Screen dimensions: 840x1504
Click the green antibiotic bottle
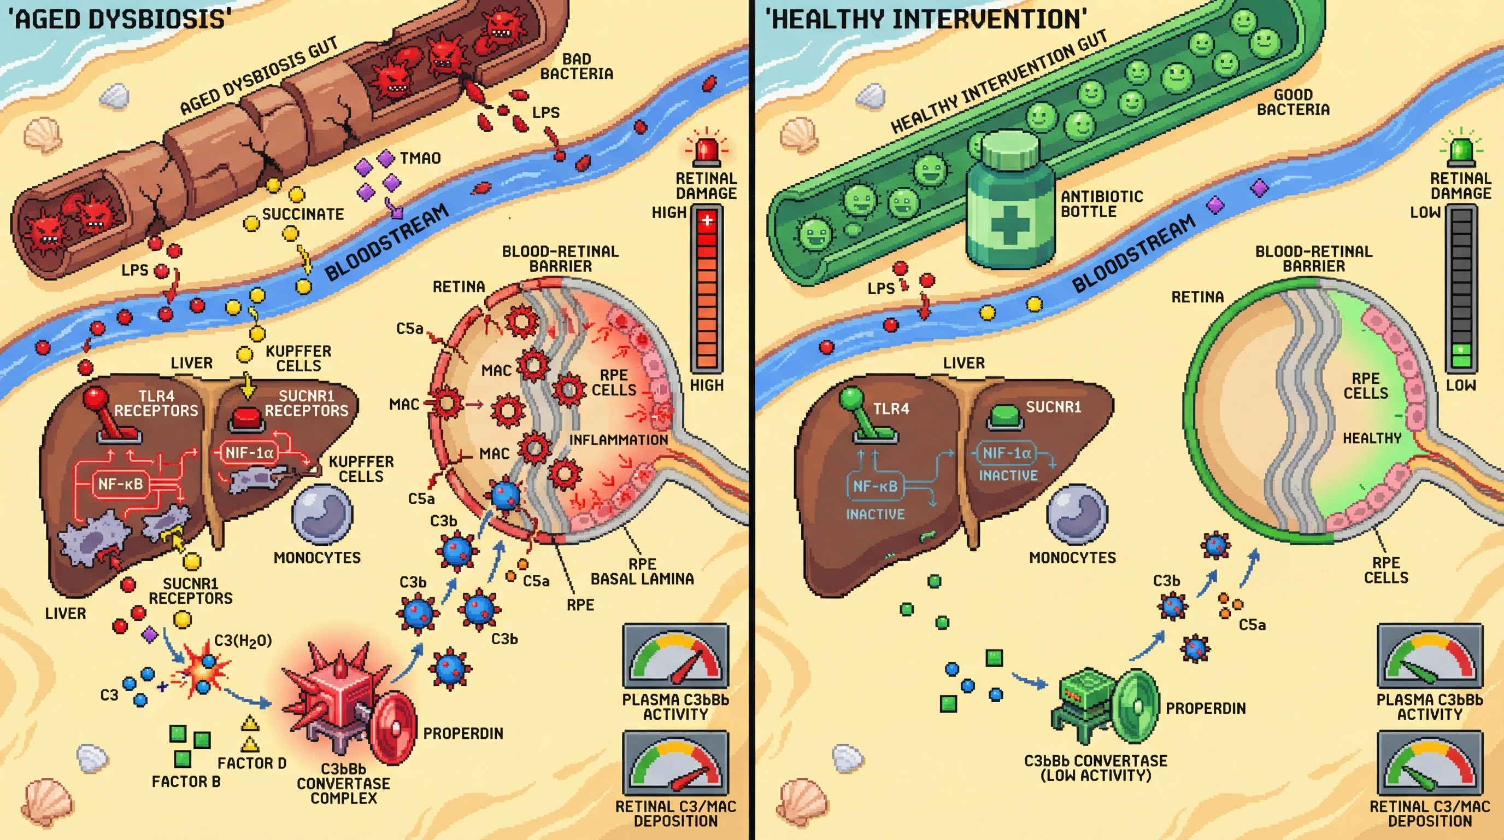(x=1010, y=205)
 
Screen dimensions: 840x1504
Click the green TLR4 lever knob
(x=851, y=399)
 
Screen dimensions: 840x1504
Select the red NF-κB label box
(x=120, y=483)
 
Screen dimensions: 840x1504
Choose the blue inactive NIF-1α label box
(x=1007, y=453)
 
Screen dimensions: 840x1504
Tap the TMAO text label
(x=420, y=158)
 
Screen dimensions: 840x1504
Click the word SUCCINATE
(x=302, y=214)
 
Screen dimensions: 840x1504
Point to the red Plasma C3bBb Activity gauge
(x=675, y=655)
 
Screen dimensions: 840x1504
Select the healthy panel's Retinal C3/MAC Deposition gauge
(x=1430, y=762)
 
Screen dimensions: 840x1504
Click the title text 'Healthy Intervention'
(x=926, y=19)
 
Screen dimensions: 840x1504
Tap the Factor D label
(x=251, y=763)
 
